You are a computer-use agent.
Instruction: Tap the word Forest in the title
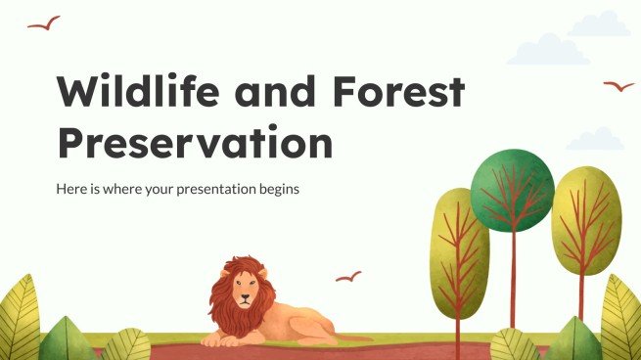coord(399,92)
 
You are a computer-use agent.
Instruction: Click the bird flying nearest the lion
coord(348,277)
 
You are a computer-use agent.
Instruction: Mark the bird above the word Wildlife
coord(44,22)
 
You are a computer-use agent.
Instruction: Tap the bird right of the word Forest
coord(618,86)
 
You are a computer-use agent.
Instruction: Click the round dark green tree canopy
coord(512,188)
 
